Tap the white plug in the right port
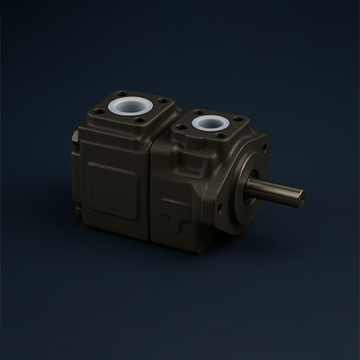210,122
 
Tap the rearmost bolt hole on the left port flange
121,94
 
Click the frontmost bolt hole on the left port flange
140,120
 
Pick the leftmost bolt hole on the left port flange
99,111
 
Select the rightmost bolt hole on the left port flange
163,101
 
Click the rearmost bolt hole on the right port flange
199,112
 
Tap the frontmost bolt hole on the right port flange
221,135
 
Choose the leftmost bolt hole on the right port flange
181,127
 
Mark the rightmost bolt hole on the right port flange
238,119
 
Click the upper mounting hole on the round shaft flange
264,147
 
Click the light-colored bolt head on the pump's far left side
75,137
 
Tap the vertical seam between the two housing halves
150,194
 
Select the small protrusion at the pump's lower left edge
78,210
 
